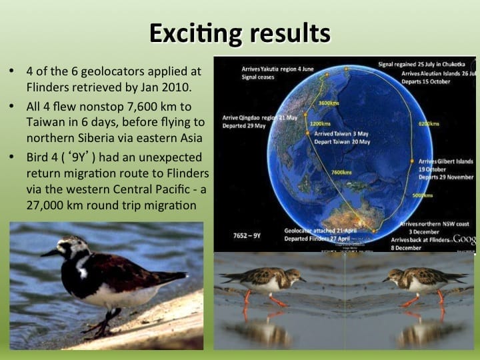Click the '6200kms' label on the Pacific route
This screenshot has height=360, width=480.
pos(429,124)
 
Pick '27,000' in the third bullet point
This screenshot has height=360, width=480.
pos(48,205)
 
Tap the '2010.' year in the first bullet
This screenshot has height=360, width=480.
pos(175,87)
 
